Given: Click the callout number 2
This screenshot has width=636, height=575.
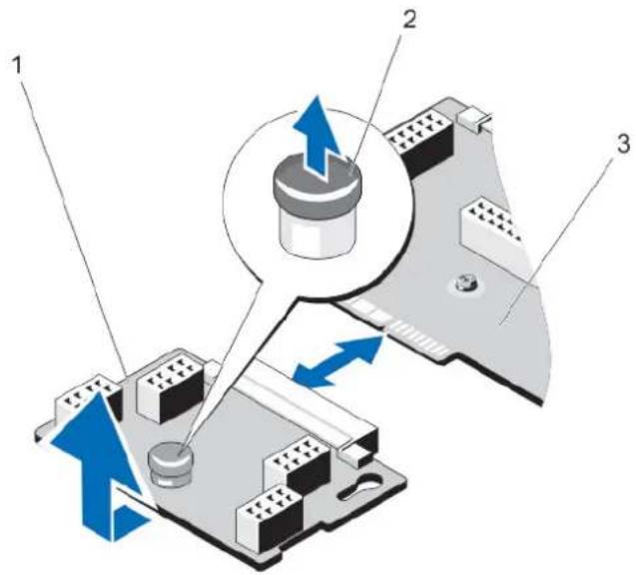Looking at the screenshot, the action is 408,20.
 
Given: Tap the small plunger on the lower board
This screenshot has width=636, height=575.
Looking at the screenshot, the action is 171,463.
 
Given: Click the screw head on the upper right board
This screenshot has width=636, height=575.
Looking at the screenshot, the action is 466,282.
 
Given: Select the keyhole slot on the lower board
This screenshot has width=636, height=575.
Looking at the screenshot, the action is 361,485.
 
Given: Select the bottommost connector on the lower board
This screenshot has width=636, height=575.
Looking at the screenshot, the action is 270,517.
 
